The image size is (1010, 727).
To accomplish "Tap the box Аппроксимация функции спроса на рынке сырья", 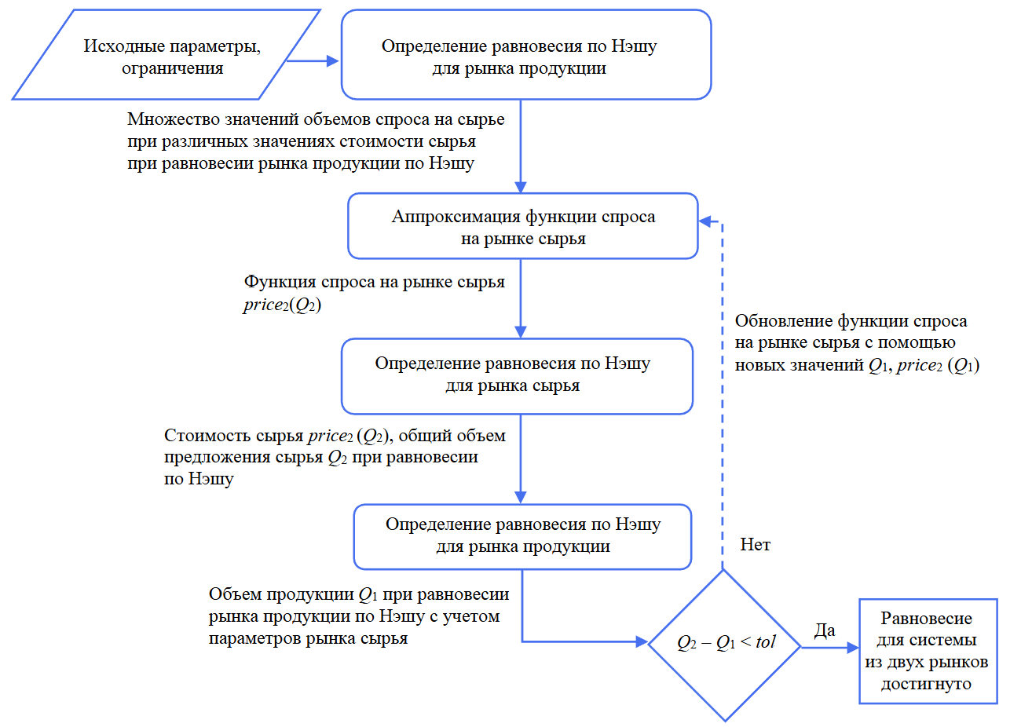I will point(522,226).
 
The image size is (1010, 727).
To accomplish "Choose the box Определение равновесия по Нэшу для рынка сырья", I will point(517,375).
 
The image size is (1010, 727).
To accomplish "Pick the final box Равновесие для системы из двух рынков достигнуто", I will point(927,650).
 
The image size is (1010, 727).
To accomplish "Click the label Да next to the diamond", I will point(825,630).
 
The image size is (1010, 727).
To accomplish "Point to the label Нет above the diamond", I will point(756,544).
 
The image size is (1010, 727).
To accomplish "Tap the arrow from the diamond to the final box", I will point(829,648).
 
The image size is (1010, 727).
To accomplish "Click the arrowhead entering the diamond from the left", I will point(640,642).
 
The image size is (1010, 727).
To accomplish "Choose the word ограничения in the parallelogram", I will point(172,68).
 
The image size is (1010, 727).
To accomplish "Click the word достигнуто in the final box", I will point(927,684).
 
